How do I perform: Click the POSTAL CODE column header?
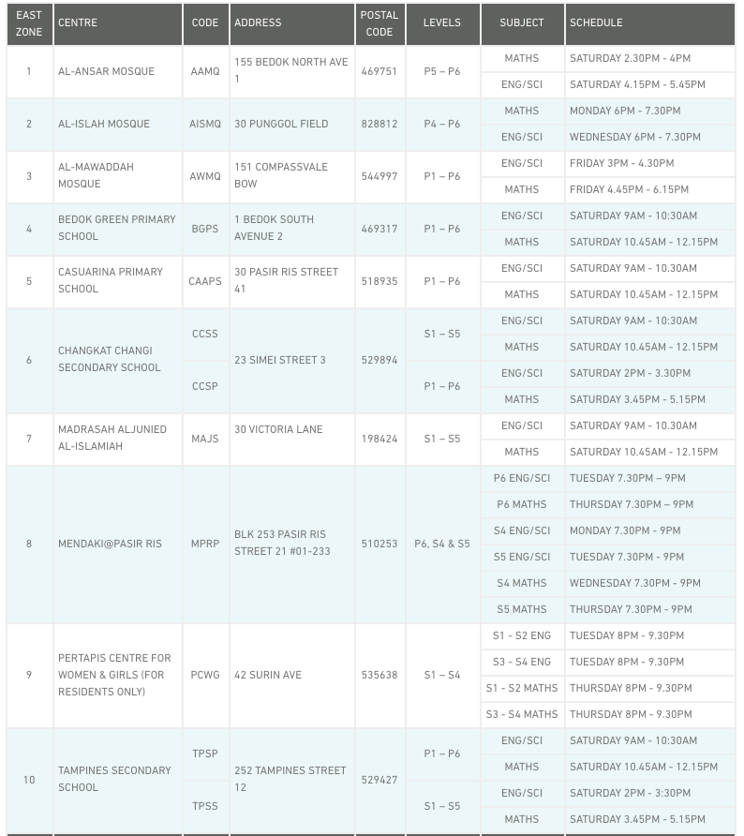tap(379, 23)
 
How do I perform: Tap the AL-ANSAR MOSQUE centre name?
tap(106, 71)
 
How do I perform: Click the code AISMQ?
tap(205, 124)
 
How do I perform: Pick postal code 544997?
tap(379, 176)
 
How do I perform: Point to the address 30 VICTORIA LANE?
tap(278, 429)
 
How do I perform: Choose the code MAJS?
tap(204, 439)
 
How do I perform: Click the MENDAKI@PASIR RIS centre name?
tap(110, 544)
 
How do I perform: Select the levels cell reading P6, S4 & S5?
tap(442, 544)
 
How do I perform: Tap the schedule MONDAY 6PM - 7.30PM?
tap(625, 111)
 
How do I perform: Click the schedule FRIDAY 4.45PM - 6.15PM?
tap(630, 189)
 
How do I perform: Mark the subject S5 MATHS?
tap(522, 609)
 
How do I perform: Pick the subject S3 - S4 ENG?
tap(522, 662)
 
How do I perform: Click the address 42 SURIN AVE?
tap(268, 675)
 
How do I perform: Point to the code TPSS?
tap(204, 806)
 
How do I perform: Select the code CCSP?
tap(205, 386)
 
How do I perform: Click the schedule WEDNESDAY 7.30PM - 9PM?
tap(635, 583)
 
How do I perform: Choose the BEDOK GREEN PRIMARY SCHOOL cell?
tap(117, 228)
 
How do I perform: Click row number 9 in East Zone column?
tap(29, 675)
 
